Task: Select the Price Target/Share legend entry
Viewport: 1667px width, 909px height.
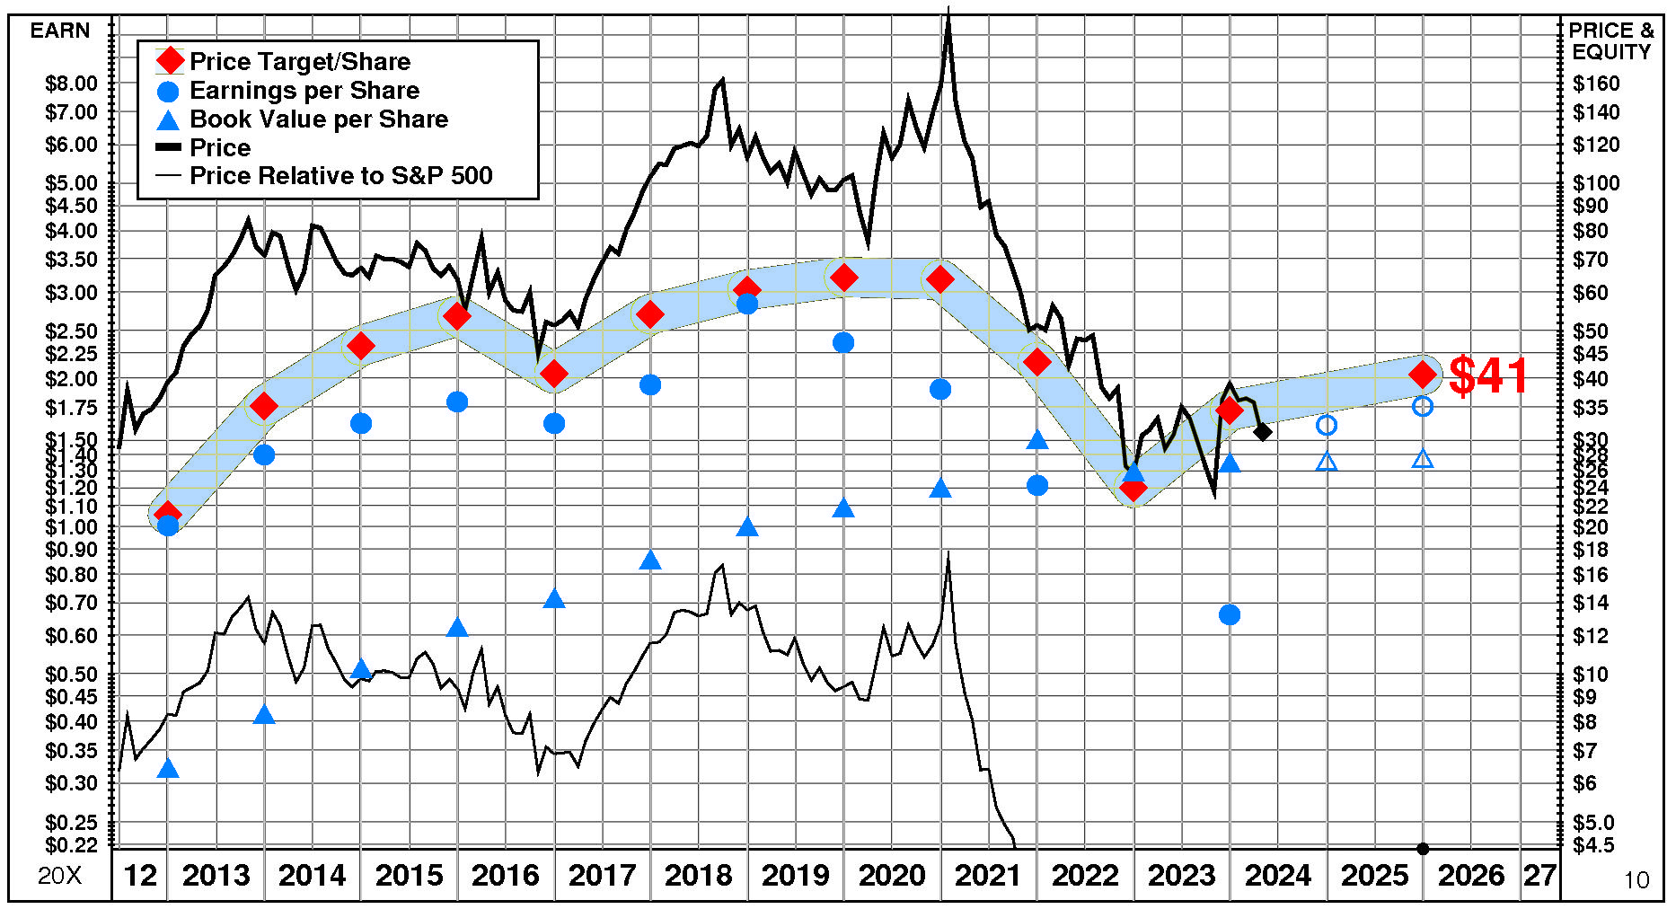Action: (299, 61)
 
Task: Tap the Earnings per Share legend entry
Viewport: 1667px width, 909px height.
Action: (304, 90)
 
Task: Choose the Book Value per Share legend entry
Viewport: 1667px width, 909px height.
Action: (318, 119)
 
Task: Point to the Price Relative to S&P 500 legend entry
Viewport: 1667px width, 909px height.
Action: (340, 175)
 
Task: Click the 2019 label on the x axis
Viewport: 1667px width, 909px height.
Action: (795, 875)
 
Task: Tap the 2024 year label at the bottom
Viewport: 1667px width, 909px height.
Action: (1278, 875)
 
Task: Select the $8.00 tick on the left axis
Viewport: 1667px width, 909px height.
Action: (71, 84)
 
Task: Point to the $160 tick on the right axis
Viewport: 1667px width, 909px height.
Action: (1596, 84)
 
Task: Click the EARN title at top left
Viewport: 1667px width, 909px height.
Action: (60, 31)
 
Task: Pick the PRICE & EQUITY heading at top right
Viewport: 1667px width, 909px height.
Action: (1610, 41)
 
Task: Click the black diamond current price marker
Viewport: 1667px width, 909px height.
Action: (1262, 432)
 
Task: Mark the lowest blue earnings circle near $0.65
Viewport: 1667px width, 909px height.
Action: (1230, 614)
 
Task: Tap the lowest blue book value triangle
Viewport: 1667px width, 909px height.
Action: (168, 769)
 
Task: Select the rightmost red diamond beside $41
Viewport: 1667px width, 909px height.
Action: (1423, 375)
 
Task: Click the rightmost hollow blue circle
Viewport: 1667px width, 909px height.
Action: (1423, 406)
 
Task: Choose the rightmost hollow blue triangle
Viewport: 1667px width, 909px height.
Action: (1423, 460)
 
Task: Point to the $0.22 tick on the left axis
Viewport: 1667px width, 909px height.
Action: (71, 845)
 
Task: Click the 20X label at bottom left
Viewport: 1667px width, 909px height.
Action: (59, 876)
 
